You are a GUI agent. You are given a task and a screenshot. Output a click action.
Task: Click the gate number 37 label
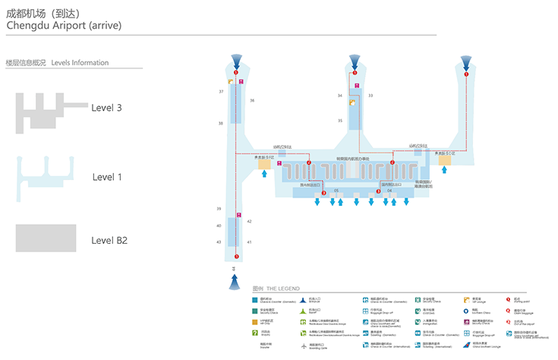[222, 91]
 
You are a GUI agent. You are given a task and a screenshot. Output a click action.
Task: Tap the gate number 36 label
[252, 100]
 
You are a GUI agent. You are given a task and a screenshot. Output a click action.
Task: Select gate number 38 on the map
[221, 123]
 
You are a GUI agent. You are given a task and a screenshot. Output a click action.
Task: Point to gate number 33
[370, 96]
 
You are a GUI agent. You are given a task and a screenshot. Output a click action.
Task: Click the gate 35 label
[340, 121]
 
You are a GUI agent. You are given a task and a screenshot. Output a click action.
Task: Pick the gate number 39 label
[219, 209]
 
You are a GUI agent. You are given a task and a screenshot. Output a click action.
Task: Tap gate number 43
[219, 242]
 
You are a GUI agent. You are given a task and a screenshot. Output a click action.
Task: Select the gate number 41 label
[249, 242]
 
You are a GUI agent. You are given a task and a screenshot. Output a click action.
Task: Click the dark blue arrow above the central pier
[354, 61]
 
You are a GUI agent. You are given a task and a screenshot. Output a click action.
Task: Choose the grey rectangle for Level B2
[46, 238]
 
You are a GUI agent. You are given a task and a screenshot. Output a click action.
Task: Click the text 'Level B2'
[109, 240]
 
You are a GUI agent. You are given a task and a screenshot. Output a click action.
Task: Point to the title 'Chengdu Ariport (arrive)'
[63, 26]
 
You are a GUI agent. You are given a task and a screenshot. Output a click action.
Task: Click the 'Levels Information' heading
[80, 63]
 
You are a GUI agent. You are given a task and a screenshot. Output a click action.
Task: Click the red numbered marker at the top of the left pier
[236, 72]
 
